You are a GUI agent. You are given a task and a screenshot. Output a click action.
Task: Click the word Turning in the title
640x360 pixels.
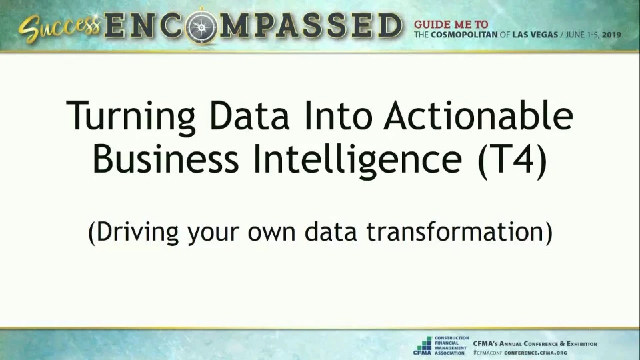click(131, 116)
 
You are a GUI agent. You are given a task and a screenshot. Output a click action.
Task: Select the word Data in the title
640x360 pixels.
click(249, 115)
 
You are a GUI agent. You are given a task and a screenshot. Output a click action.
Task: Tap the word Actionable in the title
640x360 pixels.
click(478, 115)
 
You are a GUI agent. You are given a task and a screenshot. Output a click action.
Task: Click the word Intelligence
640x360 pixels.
click(357, 161)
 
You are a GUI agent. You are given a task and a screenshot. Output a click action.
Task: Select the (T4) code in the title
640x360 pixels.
click(512, 161)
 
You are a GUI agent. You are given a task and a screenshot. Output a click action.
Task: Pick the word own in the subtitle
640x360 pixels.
click(271, 233)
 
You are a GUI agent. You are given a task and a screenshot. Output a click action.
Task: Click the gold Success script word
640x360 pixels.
click(59, 28)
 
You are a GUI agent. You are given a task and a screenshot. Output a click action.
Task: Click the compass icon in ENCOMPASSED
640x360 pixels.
click(201, 27)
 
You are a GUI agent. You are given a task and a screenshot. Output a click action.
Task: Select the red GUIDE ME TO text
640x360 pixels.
click(451, 25)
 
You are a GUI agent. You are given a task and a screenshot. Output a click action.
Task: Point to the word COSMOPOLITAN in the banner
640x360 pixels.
click(464, 35)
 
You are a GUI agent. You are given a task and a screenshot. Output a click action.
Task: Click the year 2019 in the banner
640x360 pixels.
click(611, 35)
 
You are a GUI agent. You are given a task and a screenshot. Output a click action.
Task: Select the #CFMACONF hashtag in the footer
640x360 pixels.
click(487, 353)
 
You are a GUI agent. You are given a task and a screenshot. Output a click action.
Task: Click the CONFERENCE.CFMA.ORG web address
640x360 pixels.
click(535, 353)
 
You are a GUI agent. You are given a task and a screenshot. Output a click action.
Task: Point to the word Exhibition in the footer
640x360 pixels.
click(581, 344)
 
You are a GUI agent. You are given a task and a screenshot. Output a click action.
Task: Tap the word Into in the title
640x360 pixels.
click(338, 115)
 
